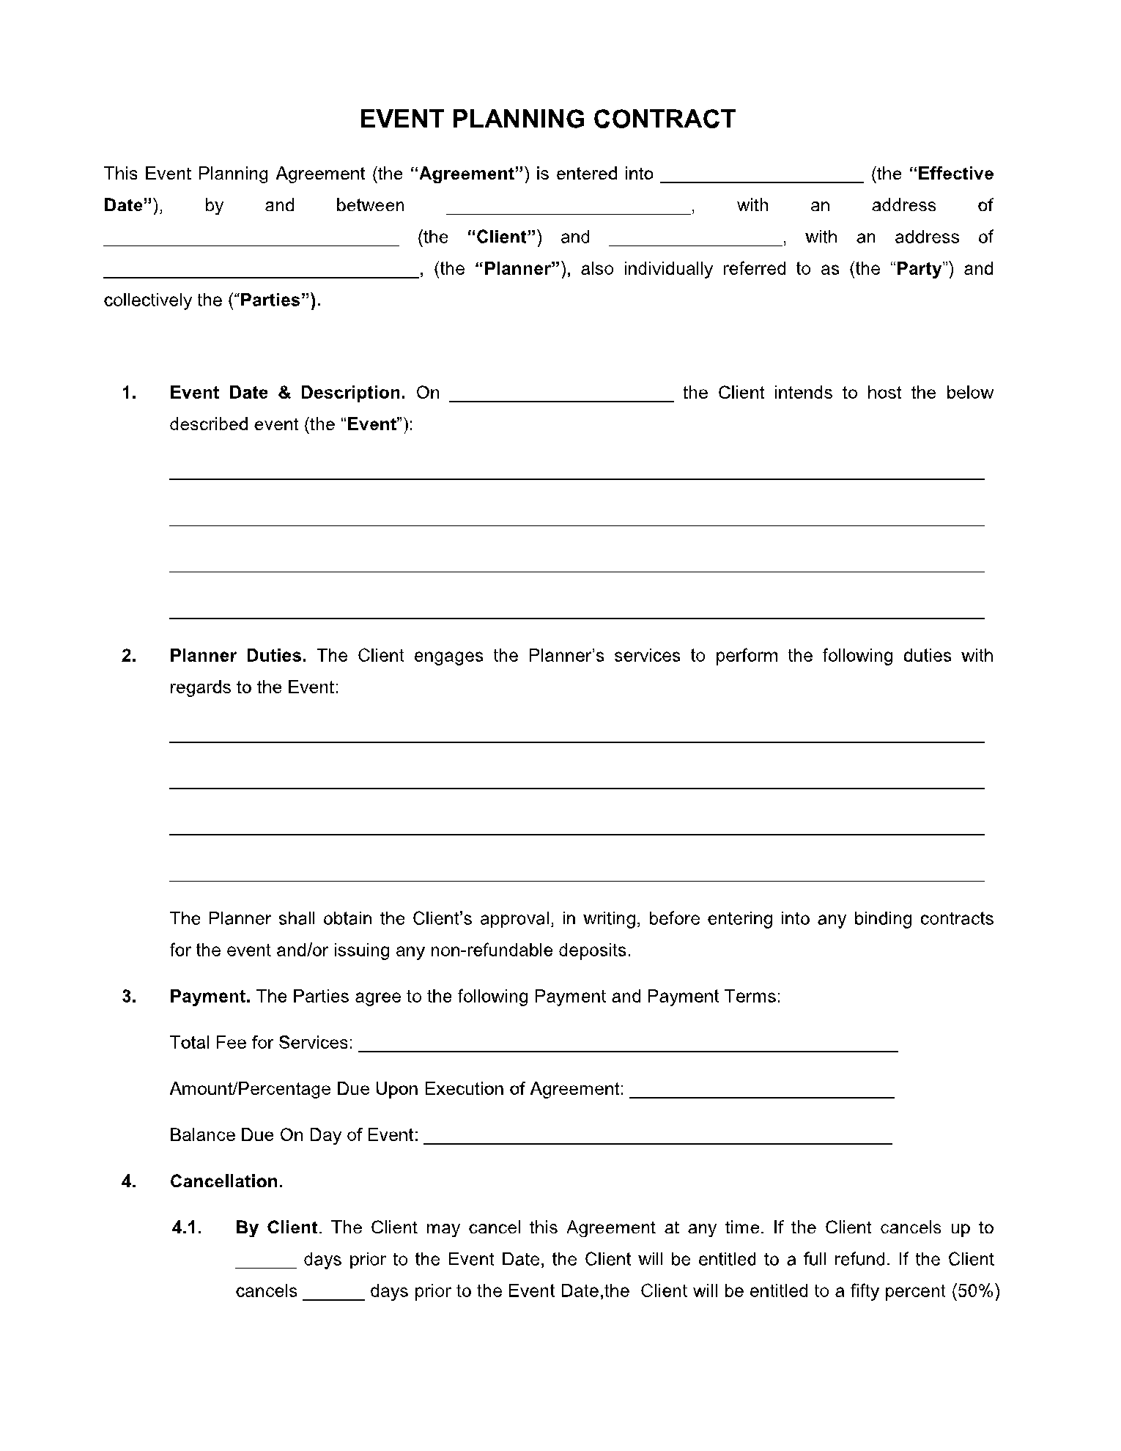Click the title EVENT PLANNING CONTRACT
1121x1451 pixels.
click(547, 119)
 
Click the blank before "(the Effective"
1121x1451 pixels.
click(762, 175)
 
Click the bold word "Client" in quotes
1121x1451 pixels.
click(503, 237)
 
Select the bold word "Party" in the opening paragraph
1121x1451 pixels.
click(919, 269)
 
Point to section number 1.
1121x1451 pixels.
click(129, 393)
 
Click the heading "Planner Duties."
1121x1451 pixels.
click(237, 656)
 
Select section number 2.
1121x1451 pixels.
click(129, 656)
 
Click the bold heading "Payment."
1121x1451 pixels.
click(210, 997)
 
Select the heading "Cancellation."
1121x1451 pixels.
click(226, 1182)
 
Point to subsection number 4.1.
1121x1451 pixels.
click(186, 1228)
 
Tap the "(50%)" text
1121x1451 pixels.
click(975, 1291)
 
